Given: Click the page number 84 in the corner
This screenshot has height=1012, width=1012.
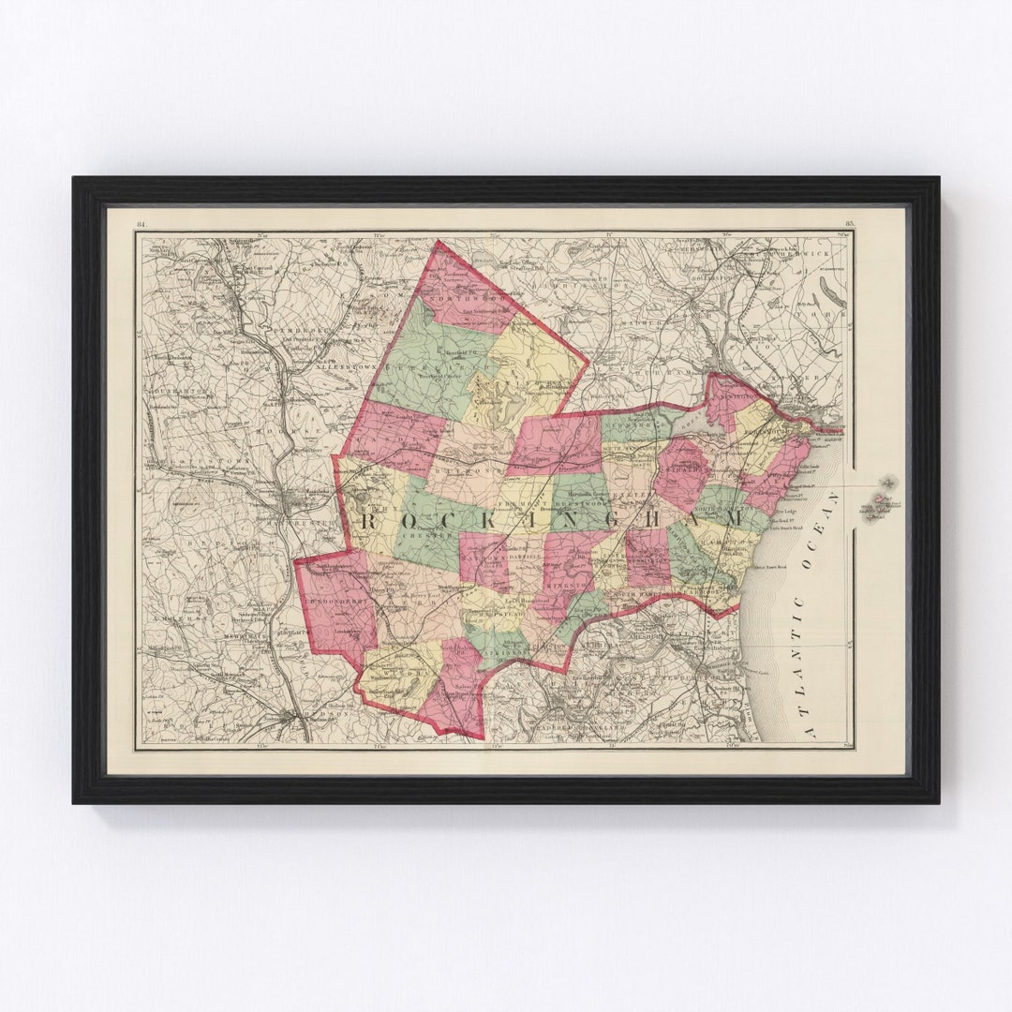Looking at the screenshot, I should [141, 224].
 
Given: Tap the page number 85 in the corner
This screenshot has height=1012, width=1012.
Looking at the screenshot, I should [849, 224].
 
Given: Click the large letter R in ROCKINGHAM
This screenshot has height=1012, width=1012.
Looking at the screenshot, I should [366, 521].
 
